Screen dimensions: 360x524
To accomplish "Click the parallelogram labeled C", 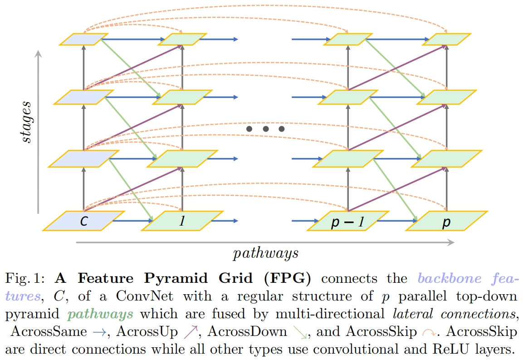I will coord(84,221).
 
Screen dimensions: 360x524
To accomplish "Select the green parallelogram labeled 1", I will coord(182,221).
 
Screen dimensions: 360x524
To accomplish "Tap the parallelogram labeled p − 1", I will coord(348,221).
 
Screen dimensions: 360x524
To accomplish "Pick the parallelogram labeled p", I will coord(447,221).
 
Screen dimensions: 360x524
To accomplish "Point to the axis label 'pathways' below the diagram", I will coord(265,253).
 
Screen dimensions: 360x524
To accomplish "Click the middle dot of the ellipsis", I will coord(265,129).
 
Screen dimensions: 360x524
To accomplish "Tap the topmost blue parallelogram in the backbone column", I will coord(84,39).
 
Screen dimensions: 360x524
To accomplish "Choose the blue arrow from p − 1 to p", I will coord(397,221).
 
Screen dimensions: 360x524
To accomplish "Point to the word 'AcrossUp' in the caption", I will coord(147,331).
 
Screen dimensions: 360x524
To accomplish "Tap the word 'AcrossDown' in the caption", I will coord(248,331).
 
